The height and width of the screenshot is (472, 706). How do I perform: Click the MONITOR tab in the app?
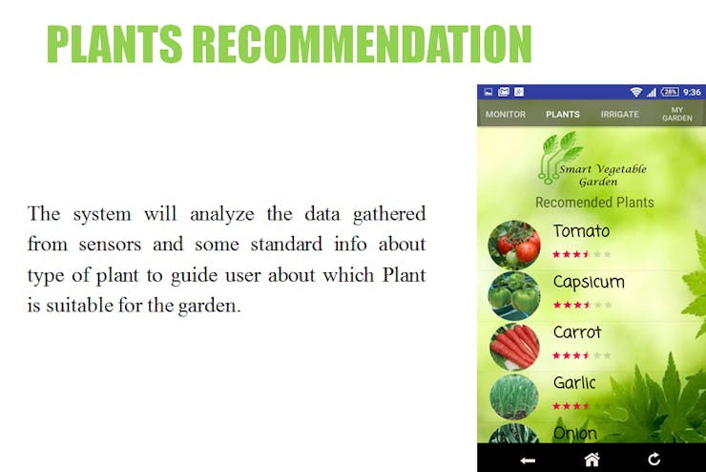click(x=506, y=115)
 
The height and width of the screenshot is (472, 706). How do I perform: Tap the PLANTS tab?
click(x=562, y=115)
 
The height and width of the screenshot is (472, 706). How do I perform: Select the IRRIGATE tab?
click(x=619, y=115)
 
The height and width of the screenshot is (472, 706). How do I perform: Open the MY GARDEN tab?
click(x=677, y=114)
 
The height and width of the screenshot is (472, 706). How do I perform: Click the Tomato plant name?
click(x=581, y=231)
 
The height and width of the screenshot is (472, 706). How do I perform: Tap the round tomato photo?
click(x=514, y=245)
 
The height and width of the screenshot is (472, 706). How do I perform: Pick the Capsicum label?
click(x=589, y=282)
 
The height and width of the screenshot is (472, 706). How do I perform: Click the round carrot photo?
click(x=514, y=346)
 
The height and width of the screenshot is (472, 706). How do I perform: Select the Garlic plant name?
click(x=574, y=383)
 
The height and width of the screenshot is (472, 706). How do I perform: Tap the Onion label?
click(x=575, y=433)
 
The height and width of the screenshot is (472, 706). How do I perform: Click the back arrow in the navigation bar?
click(x=528, y=461)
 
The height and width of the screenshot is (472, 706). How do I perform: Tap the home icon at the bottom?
click(x=592, y=460)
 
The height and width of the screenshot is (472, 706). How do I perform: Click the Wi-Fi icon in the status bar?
click(x=635, y=92)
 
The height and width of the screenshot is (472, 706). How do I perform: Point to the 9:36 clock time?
click(x=692, y=92)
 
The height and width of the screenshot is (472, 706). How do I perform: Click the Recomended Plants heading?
click(x=594, y=203)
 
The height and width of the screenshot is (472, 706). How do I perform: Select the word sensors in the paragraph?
click(x=110, y=245)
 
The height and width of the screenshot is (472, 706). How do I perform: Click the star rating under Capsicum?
click(x=582, y=305)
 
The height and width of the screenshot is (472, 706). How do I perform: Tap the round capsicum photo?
click(x=514, y=296)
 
